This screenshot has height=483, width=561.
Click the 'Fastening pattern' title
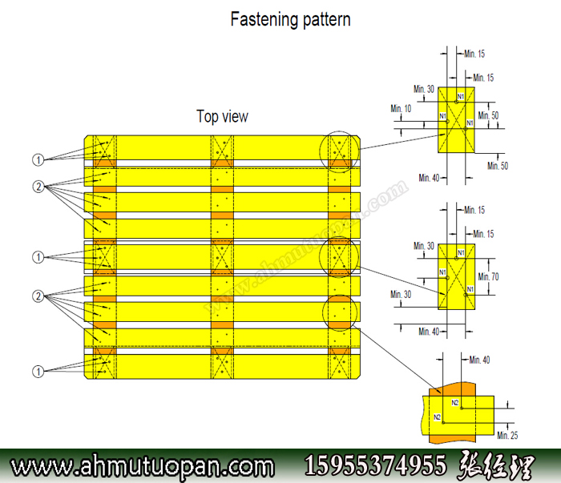[290, 18]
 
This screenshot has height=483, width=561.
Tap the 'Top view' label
[222, 116]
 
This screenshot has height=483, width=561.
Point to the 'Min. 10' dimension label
[401, 108]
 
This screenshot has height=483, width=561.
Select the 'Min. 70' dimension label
[488, 276]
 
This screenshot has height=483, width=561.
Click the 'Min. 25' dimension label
[507, 435]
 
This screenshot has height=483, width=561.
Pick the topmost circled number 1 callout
[38, 159]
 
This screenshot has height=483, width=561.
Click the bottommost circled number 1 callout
[38, 371]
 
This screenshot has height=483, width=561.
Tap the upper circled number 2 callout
[38, 187]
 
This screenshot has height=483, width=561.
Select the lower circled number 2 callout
[38, 297]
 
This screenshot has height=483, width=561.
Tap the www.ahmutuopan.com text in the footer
[141, 465]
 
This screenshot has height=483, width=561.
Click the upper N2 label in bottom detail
[454, 402]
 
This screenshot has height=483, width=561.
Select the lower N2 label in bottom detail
[438, 417]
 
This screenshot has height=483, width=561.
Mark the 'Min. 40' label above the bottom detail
[479, 360]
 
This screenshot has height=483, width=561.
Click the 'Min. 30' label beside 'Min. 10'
[424, 89]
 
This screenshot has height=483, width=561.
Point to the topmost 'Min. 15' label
[474, 54]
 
